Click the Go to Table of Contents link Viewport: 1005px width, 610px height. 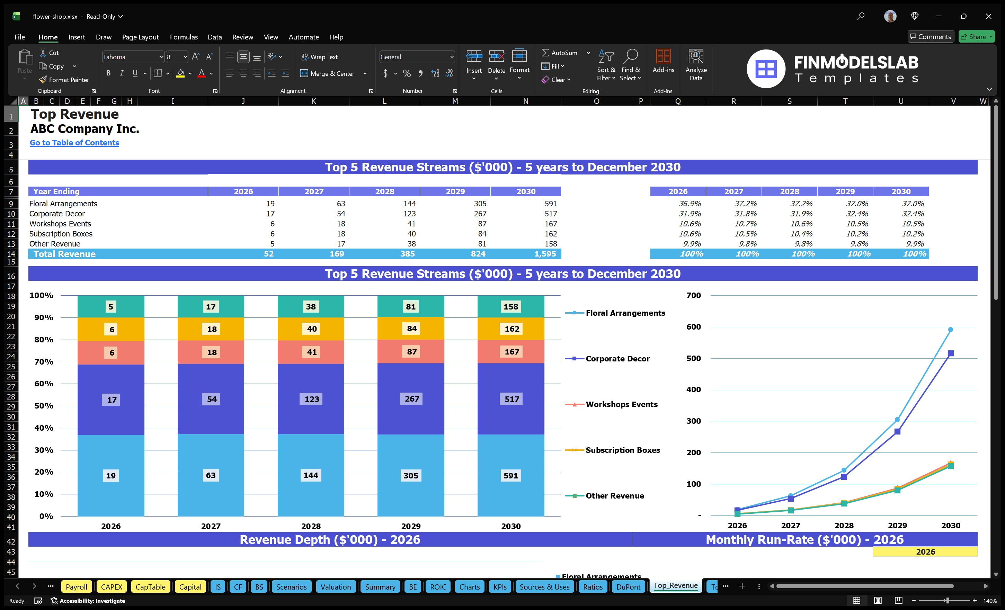(x=74, y=143)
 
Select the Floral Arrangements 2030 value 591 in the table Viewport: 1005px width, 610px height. (x=550, y=204)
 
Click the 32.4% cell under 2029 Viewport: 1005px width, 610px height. (x=856, y=214)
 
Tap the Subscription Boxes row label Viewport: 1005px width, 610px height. (x=61, y=234)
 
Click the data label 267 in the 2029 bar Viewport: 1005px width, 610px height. (x=411, y=399)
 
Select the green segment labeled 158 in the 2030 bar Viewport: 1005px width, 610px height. (x=511, y=307)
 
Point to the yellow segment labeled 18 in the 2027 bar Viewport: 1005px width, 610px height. (x=211, y=329)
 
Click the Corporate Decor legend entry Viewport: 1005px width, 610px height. (x=617, y=359)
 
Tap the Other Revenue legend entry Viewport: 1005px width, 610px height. (x=614, y=496)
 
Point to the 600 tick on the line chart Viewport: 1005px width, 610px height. (x=693, y=327)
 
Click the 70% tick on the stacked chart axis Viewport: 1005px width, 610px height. (x=44, y=362)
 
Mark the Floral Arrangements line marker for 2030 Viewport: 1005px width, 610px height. (x=950, y=330)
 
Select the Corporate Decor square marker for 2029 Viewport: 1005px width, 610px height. (x=897, y=431)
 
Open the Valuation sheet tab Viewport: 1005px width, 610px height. (x=335, y=587)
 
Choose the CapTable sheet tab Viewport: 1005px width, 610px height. (x=150, y=587)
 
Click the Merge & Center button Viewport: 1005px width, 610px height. (x=328, y=73)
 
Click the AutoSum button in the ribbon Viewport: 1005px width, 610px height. (x=560, y=53)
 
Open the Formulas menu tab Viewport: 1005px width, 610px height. (x=184, y=37)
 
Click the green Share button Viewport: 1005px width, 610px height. (x=976, y=37)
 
